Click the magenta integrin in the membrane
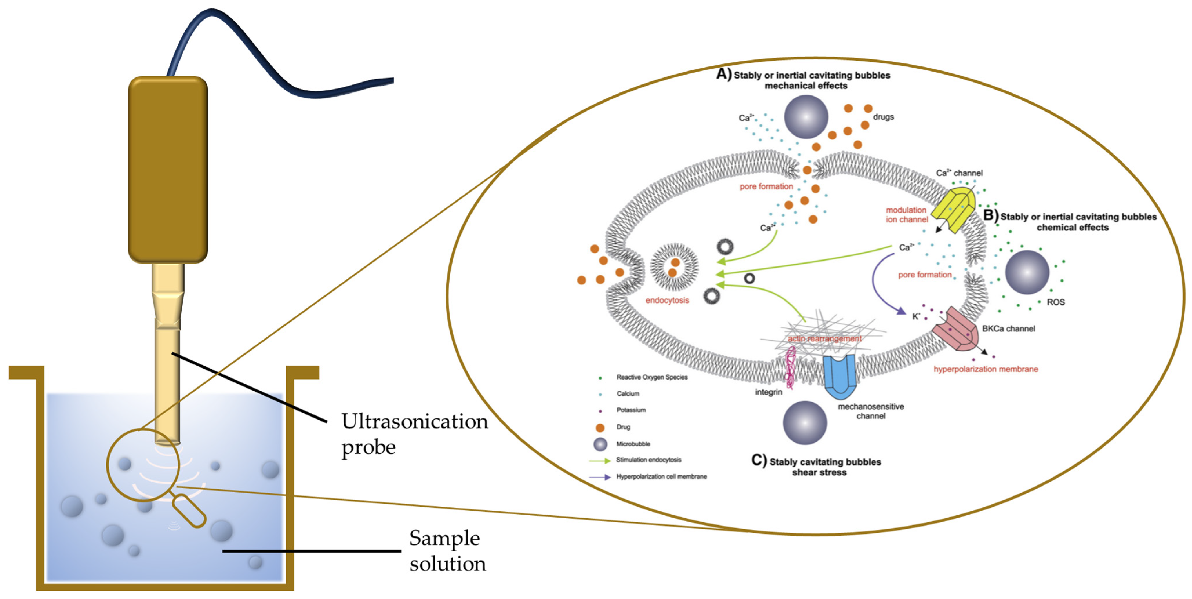(x=791, y=368)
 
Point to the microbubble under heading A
(x=806, y=117)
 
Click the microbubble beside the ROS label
(x=1027, y=272)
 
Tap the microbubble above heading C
(x=805, y=423)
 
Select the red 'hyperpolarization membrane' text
(x=986, y=369)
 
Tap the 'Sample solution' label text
(x=447, y=550)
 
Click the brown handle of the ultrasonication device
(x=168, y=169)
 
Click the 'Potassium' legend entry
(x=631, y=410)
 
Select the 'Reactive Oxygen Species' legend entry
(x=652, y=377)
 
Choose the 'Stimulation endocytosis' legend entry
(x=648, y=460)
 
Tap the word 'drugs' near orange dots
(x=883, y=117)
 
